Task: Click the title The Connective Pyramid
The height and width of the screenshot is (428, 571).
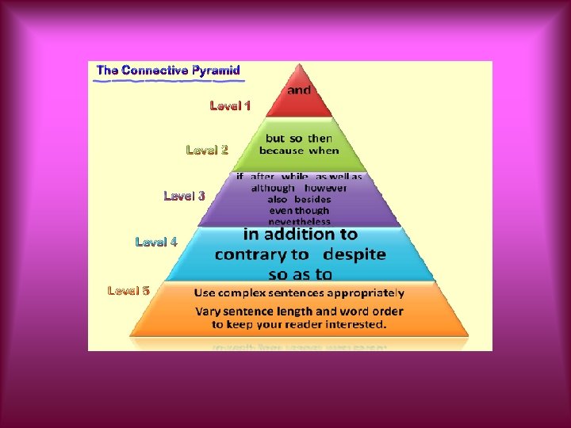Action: pyautogui.click(x=168, y=71)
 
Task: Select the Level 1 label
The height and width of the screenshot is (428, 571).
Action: pyautogui.click(x=230, y=105)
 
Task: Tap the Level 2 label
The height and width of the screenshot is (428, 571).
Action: pyautogui.click(x=207, y=149)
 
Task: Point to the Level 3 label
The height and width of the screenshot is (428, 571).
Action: pyautogui.click(x=184, y=196)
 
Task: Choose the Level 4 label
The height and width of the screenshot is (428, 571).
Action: pyautogui.click(x=156, y=242)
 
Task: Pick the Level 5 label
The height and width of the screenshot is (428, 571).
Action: pyautogui.click(x=128, y=291)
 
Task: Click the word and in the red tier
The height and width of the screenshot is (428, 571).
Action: pyautogui.click(x=299, y=90)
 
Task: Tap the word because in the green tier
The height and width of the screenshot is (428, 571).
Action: pyautogui.click(x=282, y=151)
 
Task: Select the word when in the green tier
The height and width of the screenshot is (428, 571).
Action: pyautogui.click(x=324, y=151)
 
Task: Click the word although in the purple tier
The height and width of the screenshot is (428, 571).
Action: pyautogui.click(x=272, y=189)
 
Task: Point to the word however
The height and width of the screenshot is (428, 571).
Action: pyautogui.click(x=326, y=189)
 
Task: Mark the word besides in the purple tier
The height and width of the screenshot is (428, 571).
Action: pyautogui.click(x=312, y=200)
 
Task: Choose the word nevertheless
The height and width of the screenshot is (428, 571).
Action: pyautogui.click(x=299, y=222)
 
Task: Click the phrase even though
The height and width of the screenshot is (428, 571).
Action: pyautogui.click(x=299, y=211)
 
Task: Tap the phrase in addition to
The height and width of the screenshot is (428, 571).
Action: pyautogui.click(x=300, y=235)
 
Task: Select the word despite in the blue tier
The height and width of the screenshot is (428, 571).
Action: pyautogui.click(x=354, y=254)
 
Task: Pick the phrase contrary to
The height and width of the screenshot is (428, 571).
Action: pyautogui.click(x=262, y=254)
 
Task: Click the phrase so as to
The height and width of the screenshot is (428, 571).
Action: pyautogui.click(x=300, y=274)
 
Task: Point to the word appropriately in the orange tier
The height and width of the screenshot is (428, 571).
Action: pyautogui.click(x=367, y=293)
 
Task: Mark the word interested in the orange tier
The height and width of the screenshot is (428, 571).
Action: pyautogui.click(x=351, y=324)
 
